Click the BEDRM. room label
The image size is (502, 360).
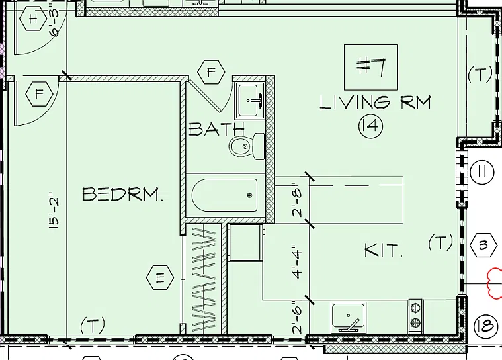(122, 194)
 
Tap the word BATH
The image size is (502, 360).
(216, 129)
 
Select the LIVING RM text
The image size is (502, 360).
(376, 103)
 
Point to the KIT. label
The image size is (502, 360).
(384, 250)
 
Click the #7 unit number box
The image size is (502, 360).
(371, 67)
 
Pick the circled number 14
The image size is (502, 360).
(371, 126)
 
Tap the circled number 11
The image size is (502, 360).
(482, 172)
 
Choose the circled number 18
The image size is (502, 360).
(486, 327)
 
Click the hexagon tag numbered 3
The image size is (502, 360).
(483, 246)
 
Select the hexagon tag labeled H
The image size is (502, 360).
(33, 19)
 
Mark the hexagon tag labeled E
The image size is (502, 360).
(160, 277)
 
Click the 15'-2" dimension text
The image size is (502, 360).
(54, 210)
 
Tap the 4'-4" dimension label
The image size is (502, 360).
(297, 261)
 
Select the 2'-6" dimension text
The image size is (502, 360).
(297, 320)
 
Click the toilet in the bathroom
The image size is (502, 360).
(247, 146)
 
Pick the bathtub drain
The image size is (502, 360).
(249, 195)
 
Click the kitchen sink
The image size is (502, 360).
(349, 318)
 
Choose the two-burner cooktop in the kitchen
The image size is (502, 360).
(415, 316)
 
